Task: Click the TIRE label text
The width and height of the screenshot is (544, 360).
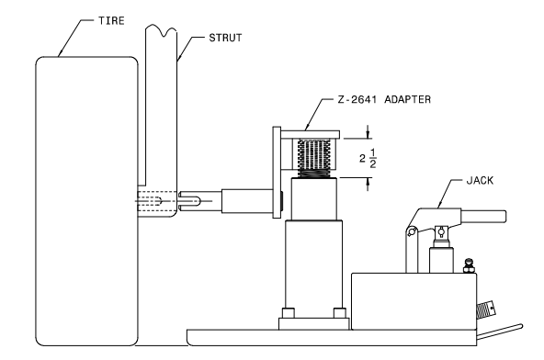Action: click(111, 21)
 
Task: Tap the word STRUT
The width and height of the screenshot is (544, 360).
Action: click(225, 38)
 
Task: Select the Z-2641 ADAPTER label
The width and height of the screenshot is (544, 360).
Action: click(384, 99)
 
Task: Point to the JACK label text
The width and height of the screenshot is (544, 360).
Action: click(480, 180)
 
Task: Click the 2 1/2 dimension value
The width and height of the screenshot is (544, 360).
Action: click(368, 158)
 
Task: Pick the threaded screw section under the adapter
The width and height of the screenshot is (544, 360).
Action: click(314, 159)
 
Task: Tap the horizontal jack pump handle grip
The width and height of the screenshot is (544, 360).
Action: click(483, 217)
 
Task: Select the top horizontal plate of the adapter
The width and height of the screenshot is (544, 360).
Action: click(310, 135)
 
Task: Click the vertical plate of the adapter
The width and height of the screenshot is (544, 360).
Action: click(277, 173)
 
